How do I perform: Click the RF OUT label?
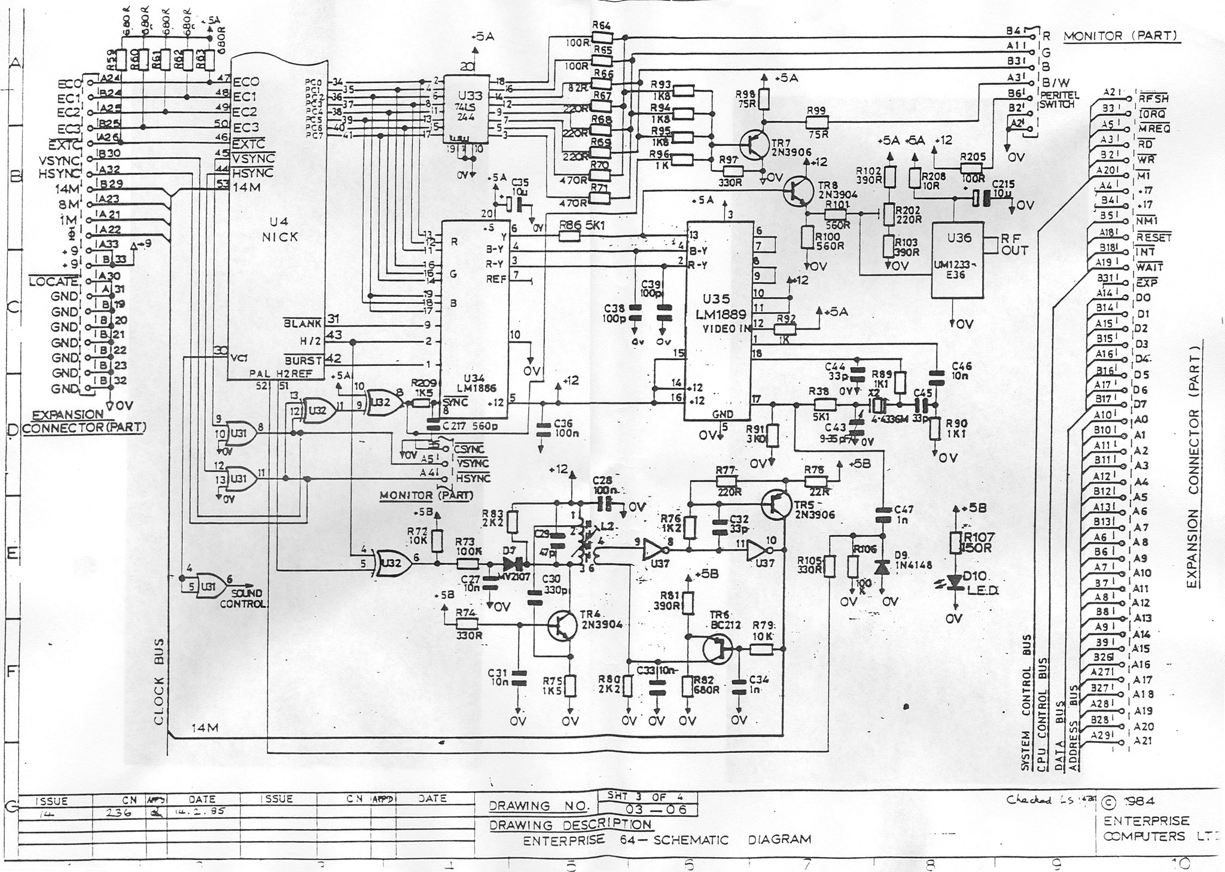point(1014,244)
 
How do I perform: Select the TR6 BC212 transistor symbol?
point(717,648)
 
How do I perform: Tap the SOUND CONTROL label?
point(242,599)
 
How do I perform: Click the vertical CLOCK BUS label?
point(159,681)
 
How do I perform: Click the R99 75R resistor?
point(816,121)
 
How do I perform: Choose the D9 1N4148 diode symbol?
point(882,567)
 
